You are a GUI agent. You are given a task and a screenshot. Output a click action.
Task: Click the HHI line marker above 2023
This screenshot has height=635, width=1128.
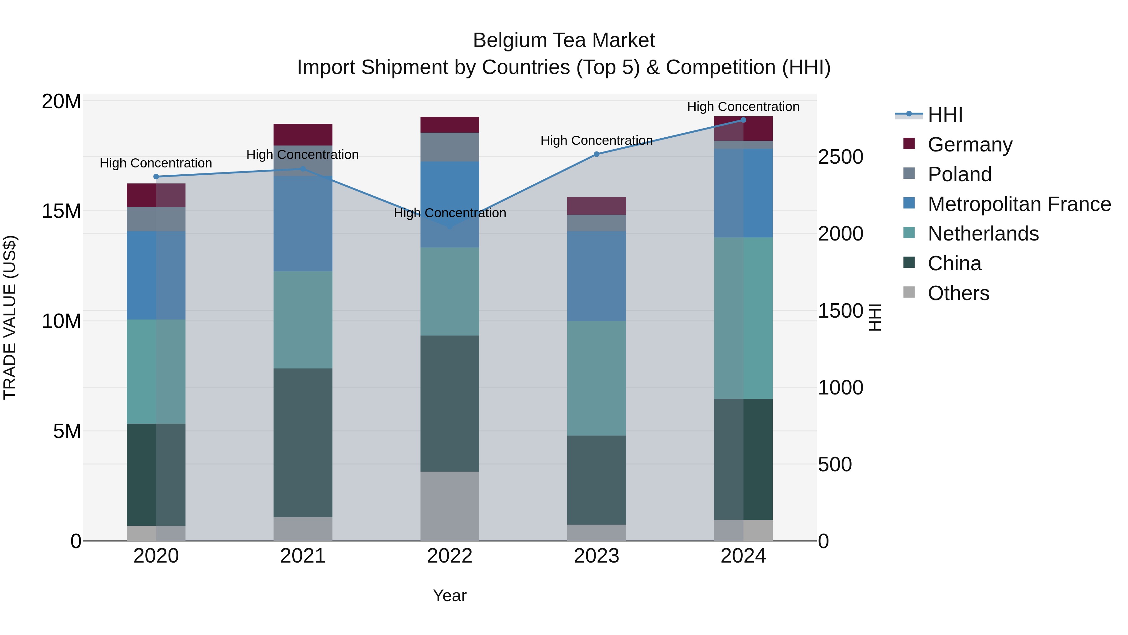click(596, 154)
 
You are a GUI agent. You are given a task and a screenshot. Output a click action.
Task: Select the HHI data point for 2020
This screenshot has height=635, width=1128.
click(156, 177)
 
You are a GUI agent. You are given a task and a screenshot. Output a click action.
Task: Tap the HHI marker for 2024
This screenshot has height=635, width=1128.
click(743, 120)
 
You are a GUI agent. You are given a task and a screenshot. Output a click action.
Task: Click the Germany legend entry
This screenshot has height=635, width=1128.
click(969, 145)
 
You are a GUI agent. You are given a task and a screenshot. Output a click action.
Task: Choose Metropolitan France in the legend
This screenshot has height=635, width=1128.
click(1019, 204)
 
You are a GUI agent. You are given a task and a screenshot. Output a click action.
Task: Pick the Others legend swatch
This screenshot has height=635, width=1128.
click(909, 292)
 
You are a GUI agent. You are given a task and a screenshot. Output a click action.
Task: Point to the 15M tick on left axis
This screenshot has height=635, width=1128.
click(61, 211)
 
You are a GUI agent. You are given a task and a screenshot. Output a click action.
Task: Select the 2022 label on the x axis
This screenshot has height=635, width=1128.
click(449, 556)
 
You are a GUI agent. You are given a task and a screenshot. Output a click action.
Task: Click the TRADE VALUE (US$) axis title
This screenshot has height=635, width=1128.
click(10, 317)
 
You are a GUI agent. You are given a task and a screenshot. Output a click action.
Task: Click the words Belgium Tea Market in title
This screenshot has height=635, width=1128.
click(564, 40)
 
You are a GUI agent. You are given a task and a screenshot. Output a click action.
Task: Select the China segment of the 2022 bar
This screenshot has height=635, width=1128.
click(449, 403)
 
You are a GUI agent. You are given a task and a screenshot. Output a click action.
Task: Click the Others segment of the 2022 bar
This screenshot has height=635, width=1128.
click(449, 506)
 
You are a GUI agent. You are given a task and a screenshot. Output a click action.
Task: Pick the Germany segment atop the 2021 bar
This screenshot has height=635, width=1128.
click(303, 135)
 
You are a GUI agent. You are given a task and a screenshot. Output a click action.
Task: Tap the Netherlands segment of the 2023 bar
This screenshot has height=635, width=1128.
click(596, 378)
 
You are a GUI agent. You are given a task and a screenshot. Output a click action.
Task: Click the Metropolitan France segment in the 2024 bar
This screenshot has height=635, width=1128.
click(743, 193)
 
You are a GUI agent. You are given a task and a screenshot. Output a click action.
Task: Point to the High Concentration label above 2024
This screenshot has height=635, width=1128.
click(743, 107)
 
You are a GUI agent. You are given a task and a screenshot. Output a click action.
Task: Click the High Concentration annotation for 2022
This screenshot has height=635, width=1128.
click(450, 213)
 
